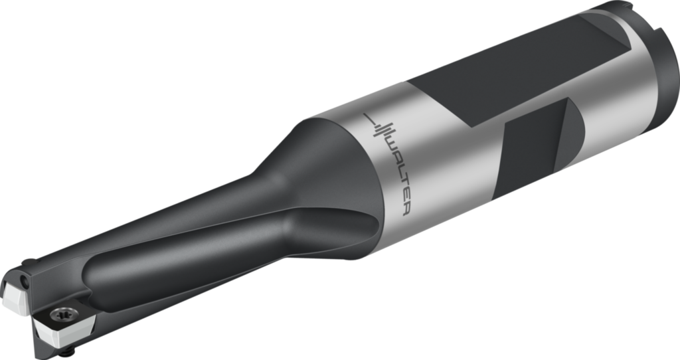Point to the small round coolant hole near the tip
point(27,283)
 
